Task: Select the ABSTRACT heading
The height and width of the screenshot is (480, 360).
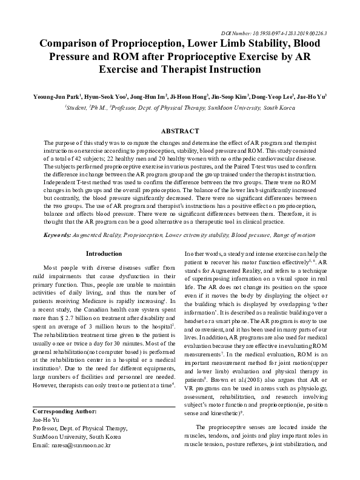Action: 180,131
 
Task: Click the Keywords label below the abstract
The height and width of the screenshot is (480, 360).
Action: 61,234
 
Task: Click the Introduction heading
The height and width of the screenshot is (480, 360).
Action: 104,253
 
